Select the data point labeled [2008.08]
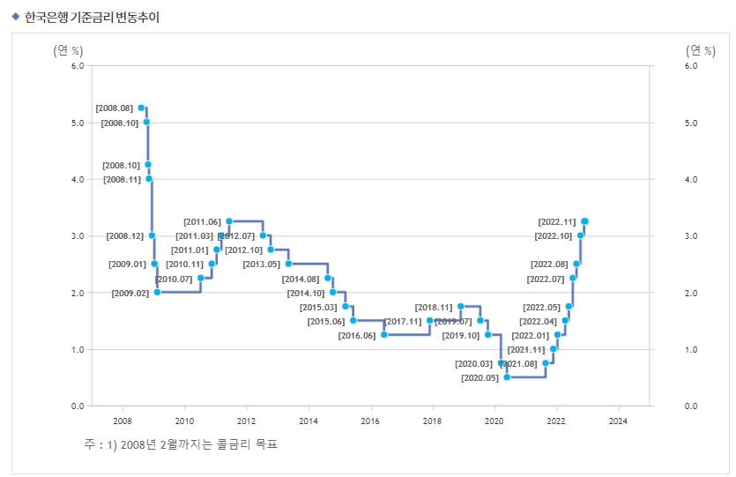pos(141,108)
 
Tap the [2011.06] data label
pos(202,221)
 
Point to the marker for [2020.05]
pos(507,377)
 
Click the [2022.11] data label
pos(557,221)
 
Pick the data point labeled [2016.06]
pos(384,335)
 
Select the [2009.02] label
pos(130,293)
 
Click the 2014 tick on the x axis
pos(309,421)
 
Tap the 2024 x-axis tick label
pos(618,421)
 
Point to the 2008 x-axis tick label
pos(123,421)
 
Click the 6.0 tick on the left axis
pos(77,66)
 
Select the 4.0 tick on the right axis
pos(691,179)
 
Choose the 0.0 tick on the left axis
pos(77,406)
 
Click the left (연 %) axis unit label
pos(69,50)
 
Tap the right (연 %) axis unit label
pos(700,50)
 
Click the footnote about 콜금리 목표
pos(181,444)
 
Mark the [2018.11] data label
pos(433,307)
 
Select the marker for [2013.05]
pos(288,264)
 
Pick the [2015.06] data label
pos(326,321)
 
